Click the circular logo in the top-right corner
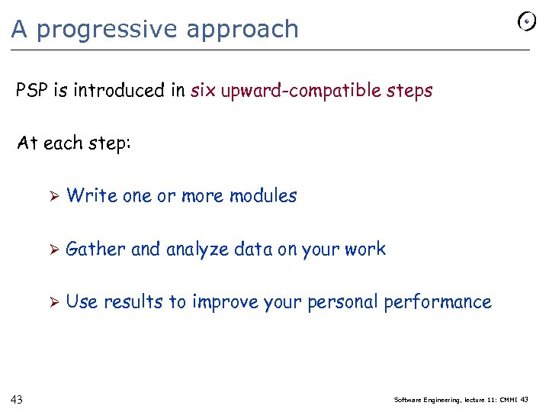point(526,22)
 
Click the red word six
point(203,91)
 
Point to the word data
point(254,249)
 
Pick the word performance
point(438,302)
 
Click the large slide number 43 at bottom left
point(17,399)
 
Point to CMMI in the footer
point(507,399)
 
